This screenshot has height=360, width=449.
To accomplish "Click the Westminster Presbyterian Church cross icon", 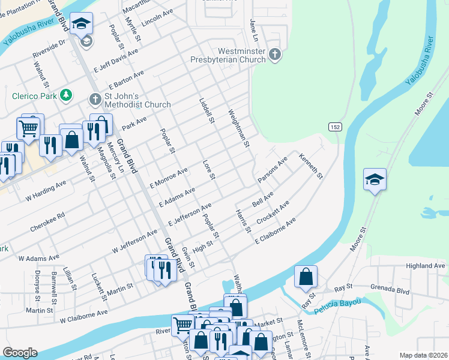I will tap(275, 55).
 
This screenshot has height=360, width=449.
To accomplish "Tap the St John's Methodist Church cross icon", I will tap(95, 98).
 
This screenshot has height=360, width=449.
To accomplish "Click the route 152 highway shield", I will tap(335, 127).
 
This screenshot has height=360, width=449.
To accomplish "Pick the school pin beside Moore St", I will tap(375, 179).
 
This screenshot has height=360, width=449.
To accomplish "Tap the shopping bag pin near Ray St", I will tap(306, 277).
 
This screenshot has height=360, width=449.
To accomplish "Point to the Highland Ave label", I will tap(426, 266).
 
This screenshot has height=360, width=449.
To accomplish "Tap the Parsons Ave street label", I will tap(273, 169).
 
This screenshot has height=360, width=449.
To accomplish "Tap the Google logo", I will tap(20, 353).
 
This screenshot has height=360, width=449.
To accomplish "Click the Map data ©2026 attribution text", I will tap(424, 355).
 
